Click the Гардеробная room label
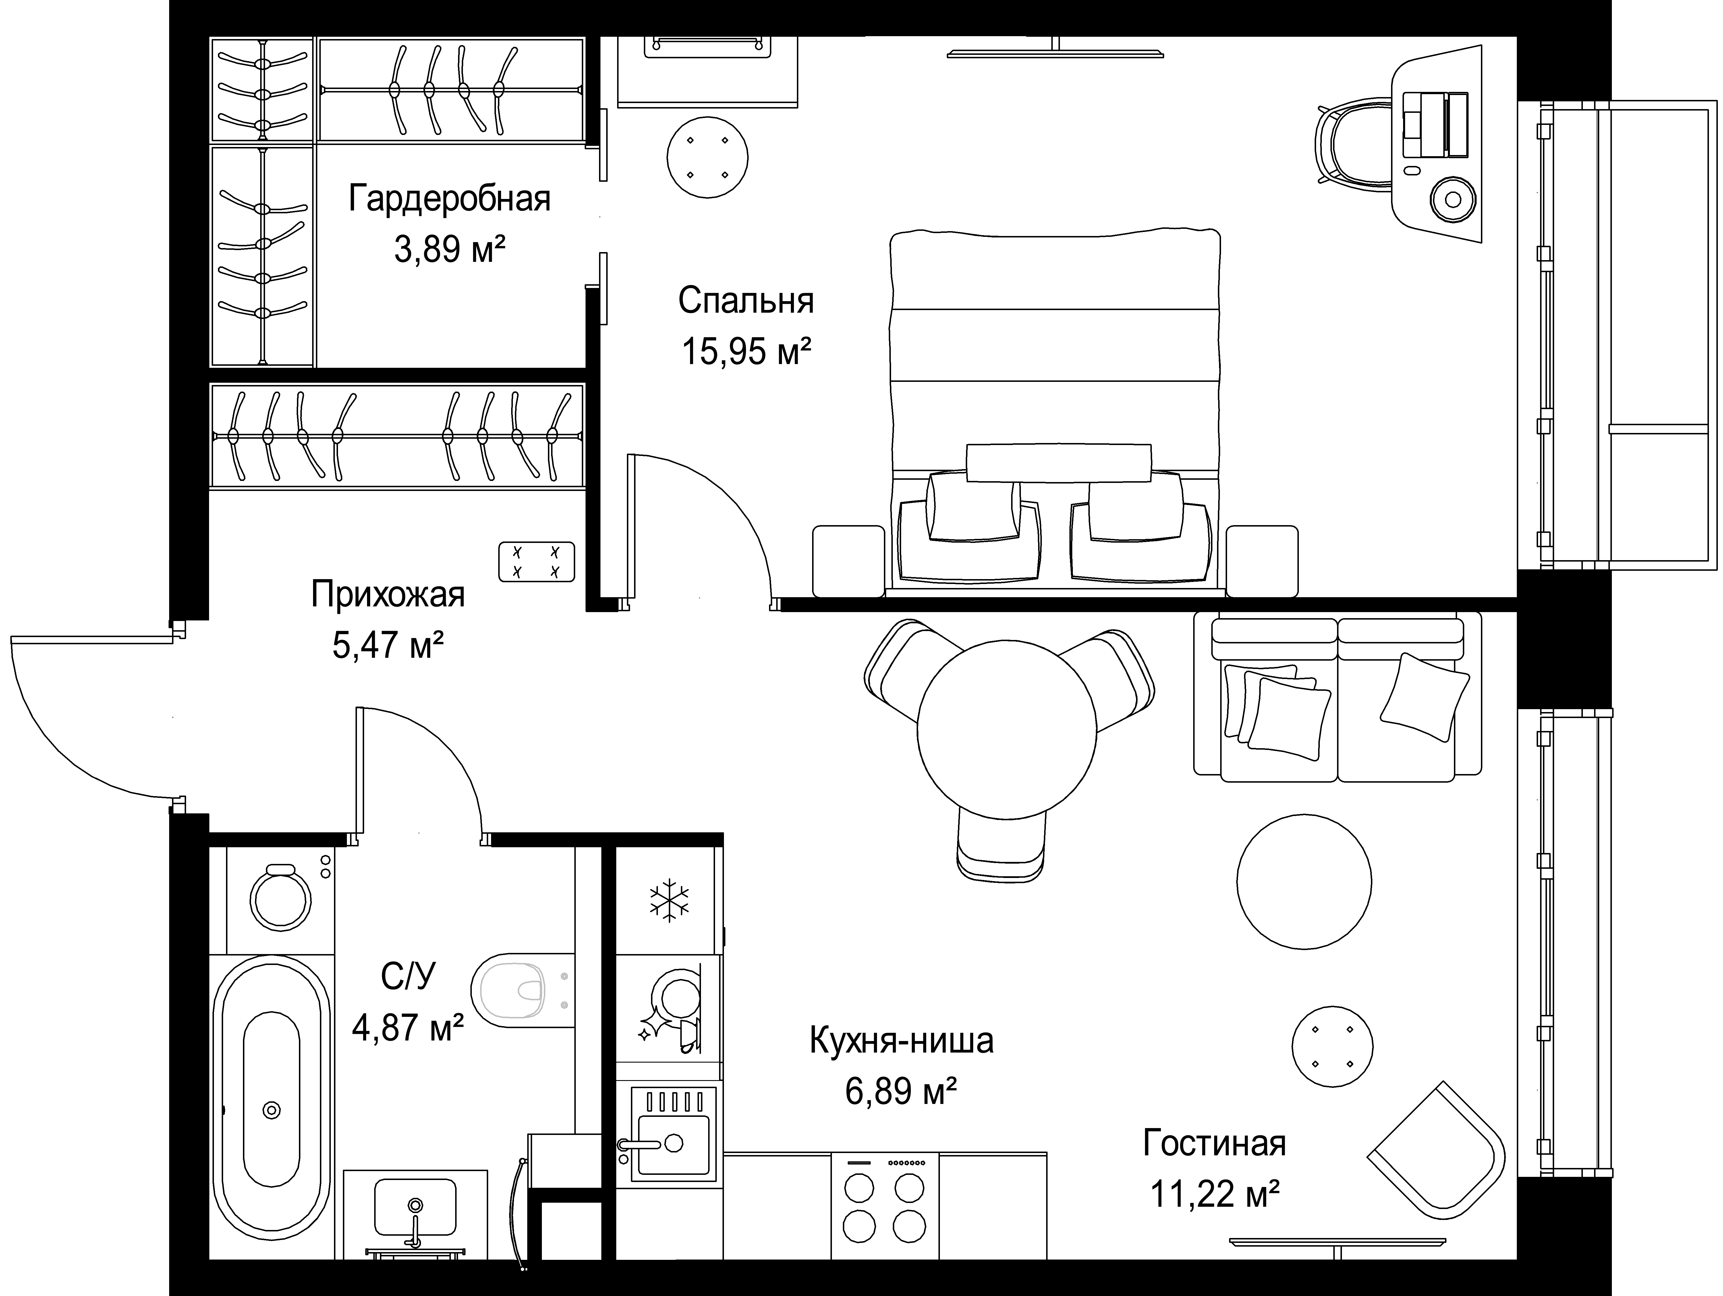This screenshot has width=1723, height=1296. (449, 199)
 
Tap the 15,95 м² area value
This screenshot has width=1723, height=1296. (746, 351)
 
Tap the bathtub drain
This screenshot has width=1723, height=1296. (271, 1109)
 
